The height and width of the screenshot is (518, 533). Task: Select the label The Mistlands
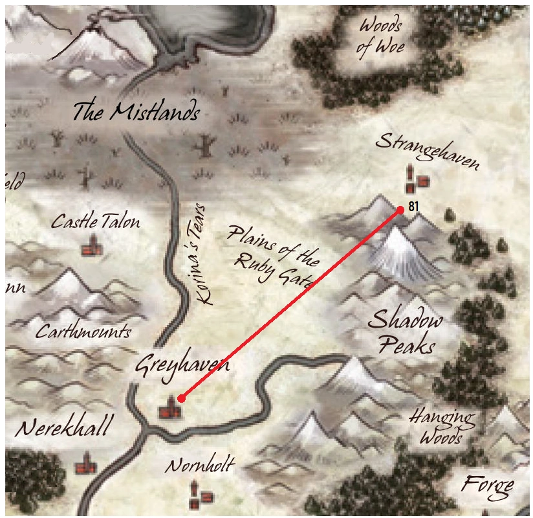click(x=135, y=112)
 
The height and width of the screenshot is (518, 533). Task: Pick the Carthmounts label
click(x=83, y=332)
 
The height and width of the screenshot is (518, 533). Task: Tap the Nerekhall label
click(x=64, y=427)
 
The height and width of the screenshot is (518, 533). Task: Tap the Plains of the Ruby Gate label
click(x=272, y=256)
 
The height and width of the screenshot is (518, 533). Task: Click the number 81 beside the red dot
click(x=413, y=208)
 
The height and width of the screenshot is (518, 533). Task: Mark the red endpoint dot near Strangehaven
click(x=400, y=210)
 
